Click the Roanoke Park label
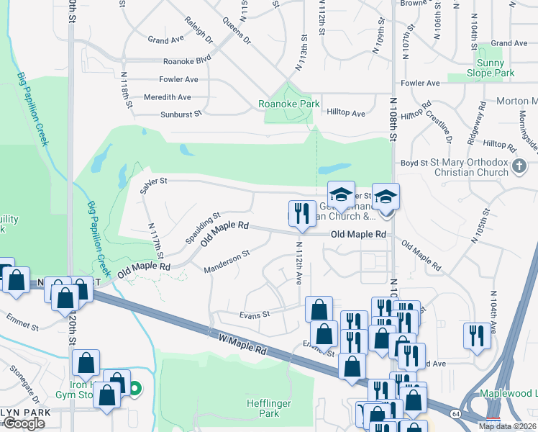tap(289, 104)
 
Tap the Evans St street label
tap(254, 314)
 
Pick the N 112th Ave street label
tap(298, 262)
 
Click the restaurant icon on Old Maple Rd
tap(301, 214)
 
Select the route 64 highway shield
tap(456, 413)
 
